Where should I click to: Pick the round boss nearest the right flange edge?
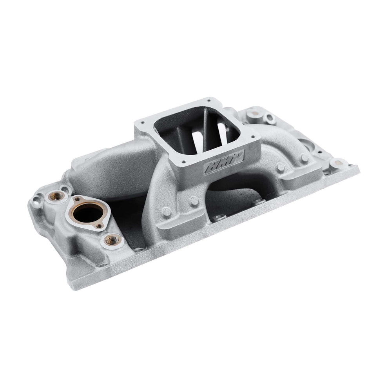tap(304, 158)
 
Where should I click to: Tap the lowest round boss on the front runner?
tap(167, 211)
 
